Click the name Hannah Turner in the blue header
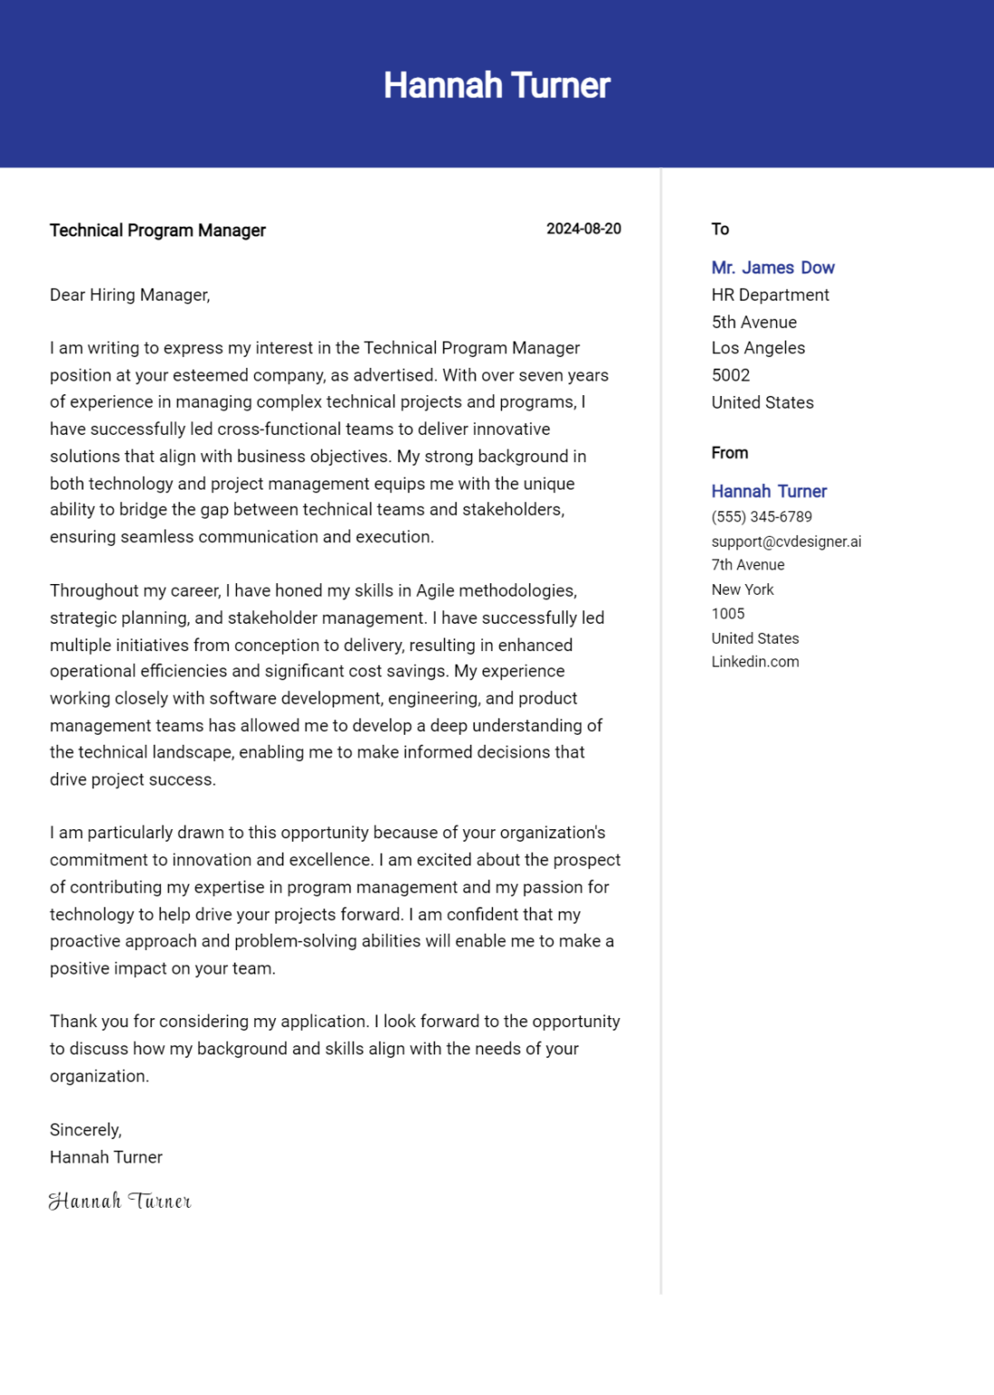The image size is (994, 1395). pos(497,85)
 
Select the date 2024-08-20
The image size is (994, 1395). pos(583,229)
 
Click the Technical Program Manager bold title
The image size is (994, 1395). pos(157,231)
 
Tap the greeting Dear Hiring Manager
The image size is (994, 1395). pos(130,295)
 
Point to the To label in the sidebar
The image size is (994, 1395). pos(720,229)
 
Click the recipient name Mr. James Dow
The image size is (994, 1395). pos(773,268)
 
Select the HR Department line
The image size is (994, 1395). pos(770,295)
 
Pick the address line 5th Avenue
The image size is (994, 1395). pos(753,322)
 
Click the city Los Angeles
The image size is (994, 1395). pos(758,348)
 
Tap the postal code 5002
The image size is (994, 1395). pos(730,375)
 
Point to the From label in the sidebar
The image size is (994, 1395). pos(729,452)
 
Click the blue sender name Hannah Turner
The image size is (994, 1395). pos(769,491)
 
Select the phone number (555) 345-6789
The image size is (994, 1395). pos(762,517)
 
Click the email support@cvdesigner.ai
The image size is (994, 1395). pos(786,541)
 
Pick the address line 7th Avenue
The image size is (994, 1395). pos(747,565)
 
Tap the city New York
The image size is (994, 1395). pos(742,589)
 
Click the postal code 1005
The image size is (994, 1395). pos(727,614)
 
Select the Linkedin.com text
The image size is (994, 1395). pos(754,662)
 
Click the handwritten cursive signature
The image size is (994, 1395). pos(120,1202)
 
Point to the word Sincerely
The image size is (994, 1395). pos(85,1130)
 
